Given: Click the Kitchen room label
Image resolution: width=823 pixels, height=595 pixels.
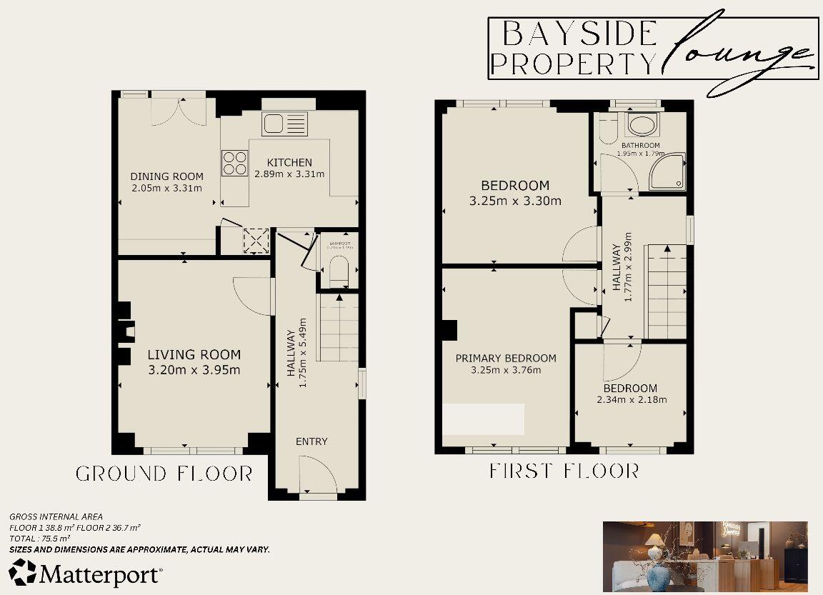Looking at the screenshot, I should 289,162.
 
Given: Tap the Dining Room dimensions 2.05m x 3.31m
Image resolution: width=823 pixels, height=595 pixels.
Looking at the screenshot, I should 166,188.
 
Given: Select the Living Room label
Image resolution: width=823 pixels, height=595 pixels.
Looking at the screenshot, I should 194,354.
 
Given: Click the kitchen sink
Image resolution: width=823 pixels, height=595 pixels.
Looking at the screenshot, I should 284,123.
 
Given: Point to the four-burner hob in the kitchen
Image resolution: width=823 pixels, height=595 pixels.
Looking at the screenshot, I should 234,161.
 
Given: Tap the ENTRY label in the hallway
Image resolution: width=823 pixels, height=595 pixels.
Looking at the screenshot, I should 311,441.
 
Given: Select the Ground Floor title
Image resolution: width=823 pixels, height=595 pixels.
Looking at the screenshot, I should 164,474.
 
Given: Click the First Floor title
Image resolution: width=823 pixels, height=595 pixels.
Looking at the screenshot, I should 564,471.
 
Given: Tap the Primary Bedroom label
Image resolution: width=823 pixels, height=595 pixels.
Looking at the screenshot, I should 506,358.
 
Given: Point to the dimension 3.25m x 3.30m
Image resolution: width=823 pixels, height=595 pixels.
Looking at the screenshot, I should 515,201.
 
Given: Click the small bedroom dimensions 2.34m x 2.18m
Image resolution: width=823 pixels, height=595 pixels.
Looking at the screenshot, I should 632,399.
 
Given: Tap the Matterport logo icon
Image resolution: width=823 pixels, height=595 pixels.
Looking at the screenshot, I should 22,572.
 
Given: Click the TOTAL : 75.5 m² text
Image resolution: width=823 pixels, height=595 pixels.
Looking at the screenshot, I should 39,538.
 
